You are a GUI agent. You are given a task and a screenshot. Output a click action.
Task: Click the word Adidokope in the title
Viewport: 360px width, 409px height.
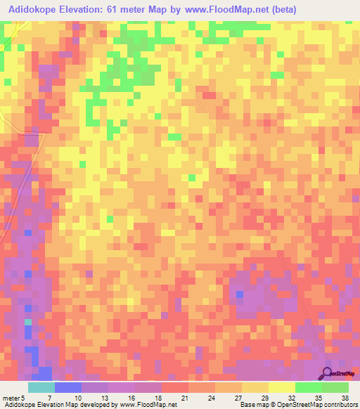click(x=32, y=10)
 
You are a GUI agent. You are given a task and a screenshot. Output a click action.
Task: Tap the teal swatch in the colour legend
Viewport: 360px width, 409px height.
click(x=41, y=387)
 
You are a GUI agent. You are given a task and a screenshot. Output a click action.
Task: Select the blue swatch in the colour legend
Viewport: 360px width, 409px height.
click(x=68, y=387)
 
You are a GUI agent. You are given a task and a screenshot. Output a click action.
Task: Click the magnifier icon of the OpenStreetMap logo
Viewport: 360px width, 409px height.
click(x=328, y=374)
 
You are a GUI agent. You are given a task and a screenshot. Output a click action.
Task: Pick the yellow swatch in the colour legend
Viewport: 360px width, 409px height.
click(x=282, y=387)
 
